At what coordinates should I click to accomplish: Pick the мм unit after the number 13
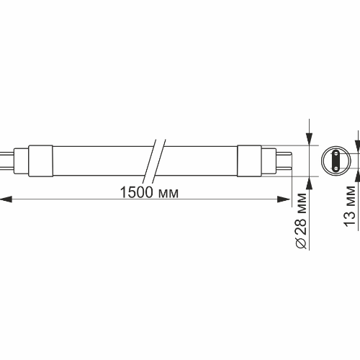(x=351, y=195)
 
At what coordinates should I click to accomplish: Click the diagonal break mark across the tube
(x=155, y=162)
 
